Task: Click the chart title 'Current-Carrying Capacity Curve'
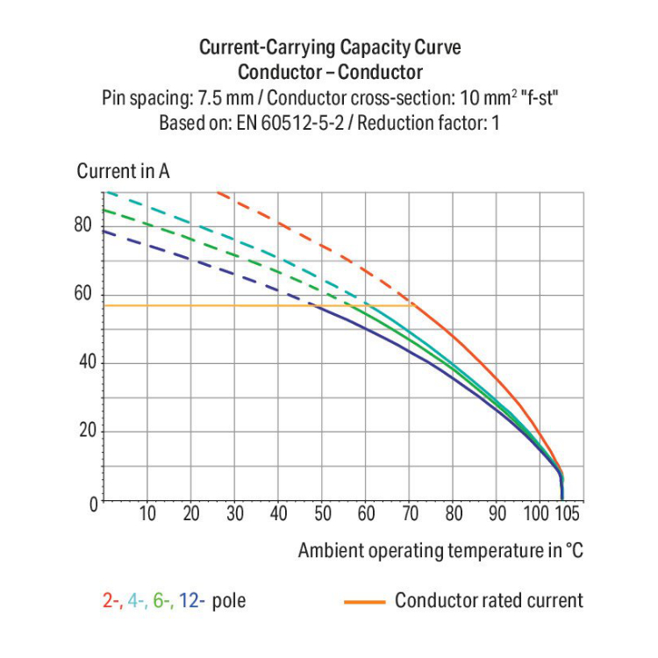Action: [330, 46]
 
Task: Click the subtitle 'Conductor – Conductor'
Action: [330, 72]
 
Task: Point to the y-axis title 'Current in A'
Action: [123, 171]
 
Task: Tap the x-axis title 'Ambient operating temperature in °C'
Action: [440, 551]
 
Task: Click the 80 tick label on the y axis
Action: [83, 225]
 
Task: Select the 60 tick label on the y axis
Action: [83, 294]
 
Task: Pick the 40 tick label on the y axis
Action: [83, 362]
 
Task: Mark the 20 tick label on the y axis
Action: [83, 432]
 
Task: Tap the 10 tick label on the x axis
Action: [147, 514]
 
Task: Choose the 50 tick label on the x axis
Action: [323, 514]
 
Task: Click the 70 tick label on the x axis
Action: [410, 514]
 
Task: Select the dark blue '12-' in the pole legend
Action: [192, 601]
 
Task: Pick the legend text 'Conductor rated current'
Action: [489, 601]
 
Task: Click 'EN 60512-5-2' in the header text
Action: [281, 123]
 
